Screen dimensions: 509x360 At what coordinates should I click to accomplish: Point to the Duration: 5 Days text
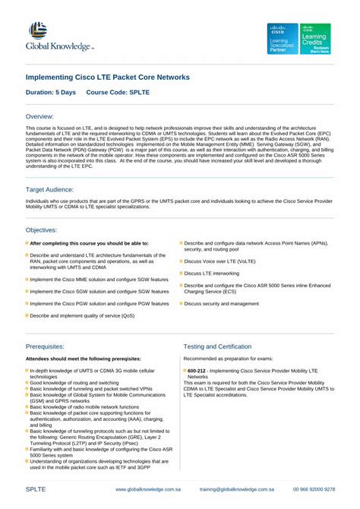coord(51,93)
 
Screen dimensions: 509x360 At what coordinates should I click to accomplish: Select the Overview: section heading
coord(40,116)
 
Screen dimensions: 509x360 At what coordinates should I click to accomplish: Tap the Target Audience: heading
coord(50,188)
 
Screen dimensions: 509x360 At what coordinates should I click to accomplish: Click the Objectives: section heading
coord(42,229)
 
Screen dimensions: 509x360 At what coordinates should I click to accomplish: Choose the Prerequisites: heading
coord(46,346)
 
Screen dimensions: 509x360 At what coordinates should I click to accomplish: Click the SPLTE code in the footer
coord(36,491)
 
